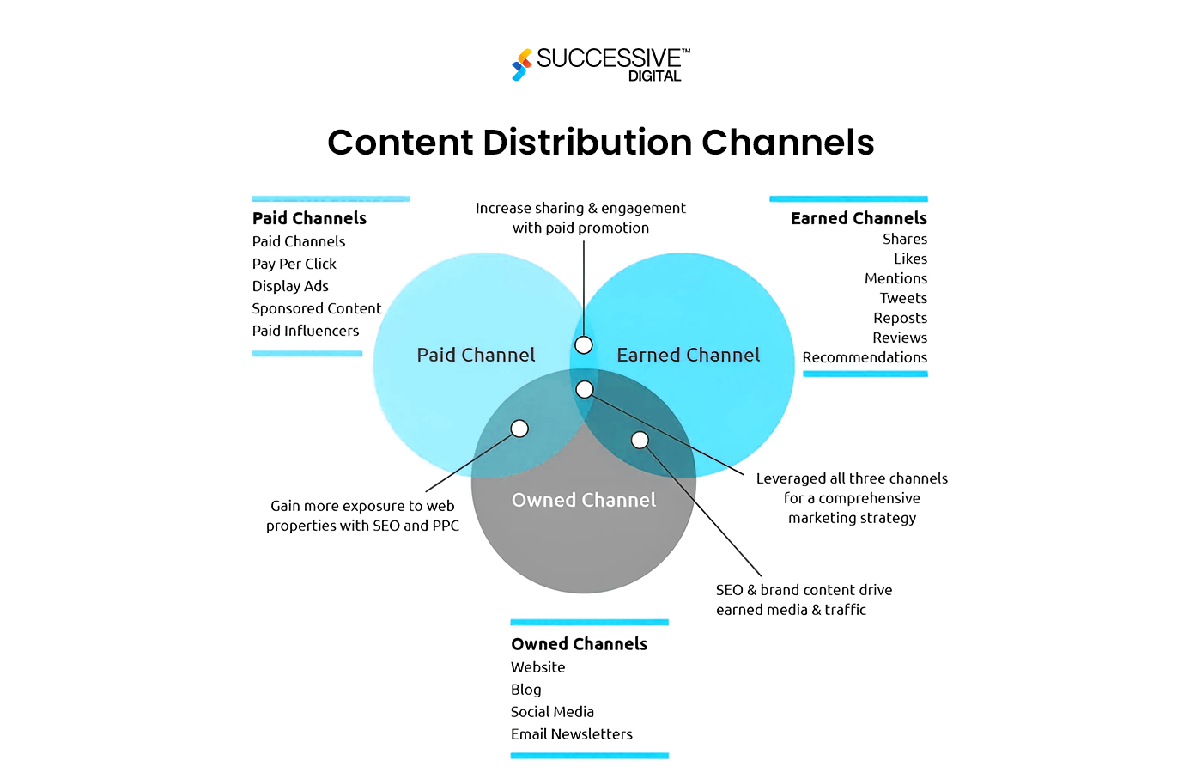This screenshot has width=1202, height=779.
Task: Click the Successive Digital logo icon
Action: point(521,64)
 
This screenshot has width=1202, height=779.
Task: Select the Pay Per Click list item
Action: point(294,264)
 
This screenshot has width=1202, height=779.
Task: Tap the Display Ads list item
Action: point(290,286)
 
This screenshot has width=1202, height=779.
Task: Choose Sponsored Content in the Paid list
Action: point(316,308)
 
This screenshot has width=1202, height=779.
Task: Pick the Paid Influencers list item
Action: point(306,331)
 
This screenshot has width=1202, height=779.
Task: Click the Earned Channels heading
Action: point(859,218)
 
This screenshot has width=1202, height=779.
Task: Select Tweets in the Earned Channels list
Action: point(903,298)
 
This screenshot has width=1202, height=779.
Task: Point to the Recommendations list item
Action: point(865,357)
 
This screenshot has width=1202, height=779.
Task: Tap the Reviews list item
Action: point(900,338)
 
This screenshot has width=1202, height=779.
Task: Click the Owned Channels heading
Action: point(579,644)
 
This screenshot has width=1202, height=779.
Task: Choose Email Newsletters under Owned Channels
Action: point(571,734)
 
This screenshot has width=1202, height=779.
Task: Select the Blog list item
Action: point(525,690)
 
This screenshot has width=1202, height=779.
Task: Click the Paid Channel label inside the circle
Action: point(476,355)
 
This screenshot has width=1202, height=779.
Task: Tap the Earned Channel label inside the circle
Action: point(688,355)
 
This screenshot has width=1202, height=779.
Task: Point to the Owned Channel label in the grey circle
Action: point(584,500)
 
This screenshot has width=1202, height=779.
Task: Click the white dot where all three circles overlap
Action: point(585,390)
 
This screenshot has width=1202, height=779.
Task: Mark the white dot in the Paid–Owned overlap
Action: point(519,429)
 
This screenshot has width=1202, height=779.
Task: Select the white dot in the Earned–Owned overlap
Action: point(640,441)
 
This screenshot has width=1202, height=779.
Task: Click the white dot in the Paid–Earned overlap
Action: point(584,345)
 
